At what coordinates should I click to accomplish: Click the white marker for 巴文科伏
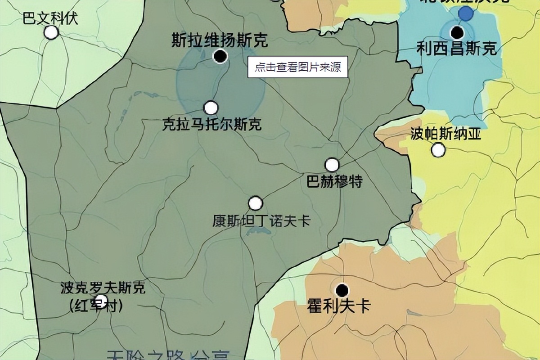pos(51,32)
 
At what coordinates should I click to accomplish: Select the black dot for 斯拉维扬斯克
pos(220,56)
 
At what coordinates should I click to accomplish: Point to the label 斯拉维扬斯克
pos(220,41)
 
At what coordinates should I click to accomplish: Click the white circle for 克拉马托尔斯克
pos(211,108)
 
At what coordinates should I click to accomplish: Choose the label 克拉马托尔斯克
pos(211,124)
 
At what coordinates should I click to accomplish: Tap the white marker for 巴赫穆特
pos(332,165)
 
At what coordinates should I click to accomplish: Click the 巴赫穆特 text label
pos(334,182)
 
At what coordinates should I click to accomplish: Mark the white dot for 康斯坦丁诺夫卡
pos(256,203)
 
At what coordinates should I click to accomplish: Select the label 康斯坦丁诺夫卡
pos(261,220)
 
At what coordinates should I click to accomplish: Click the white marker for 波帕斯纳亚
pos(438,150)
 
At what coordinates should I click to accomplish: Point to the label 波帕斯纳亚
pos(439,134)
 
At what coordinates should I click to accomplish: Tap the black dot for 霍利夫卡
pos(342,290)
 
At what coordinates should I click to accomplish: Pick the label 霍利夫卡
pos(338,306)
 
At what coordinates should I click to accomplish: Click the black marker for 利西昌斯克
pos(458,32)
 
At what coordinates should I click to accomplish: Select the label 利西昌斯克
pos(456,48)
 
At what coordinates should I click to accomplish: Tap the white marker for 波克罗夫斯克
pos(102,300)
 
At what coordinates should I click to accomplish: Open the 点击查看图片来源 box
pos(298,67)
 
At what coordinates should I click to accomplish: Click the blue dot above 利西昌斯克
pos(466,13)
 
